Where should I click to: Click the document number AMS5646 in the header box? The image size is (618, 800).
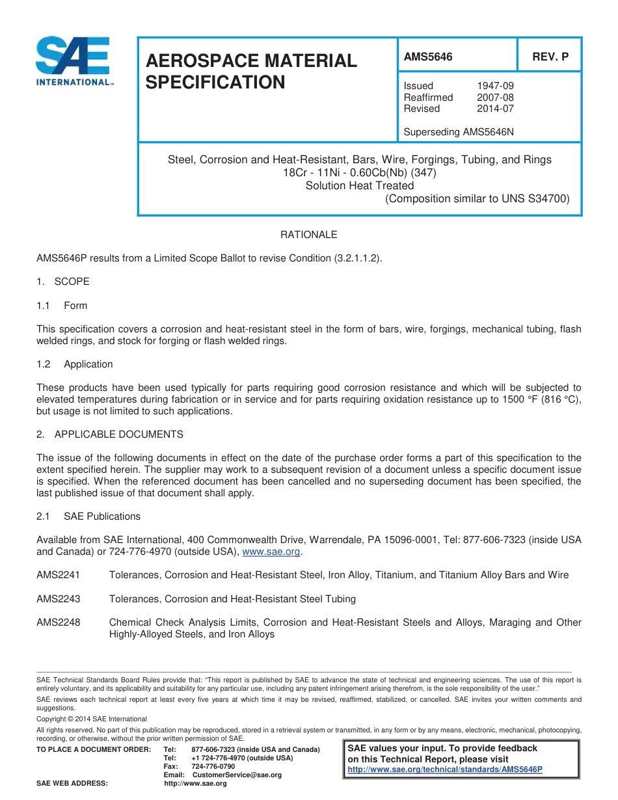coord(428,57)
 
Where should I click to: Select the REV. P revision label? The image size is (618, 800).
coord(550,57)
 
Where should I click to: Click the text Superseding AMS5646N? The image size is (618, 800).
coord(459,132)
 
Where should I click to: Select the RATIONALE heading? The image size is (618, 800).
coord(308,235)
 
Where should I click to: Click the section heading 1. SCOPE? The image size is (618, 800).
coord(63,282)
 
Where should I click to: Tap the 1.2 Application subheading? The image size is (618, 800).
coord(75,364)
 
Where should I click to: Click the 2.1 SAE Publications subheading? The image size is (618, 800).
coord(88,516)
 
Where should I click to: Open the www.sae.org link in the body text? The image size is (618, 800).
coord(271,552)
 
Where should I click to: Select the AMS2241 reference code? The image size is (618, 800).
coord(59,575)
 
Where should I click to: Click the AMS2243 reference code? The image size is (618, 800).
coord(59,598)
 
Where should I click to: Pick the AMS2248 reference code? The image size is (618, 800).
coord(59,622)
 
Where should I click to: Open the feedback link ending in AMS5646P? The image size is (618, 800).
coord(445,769)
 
